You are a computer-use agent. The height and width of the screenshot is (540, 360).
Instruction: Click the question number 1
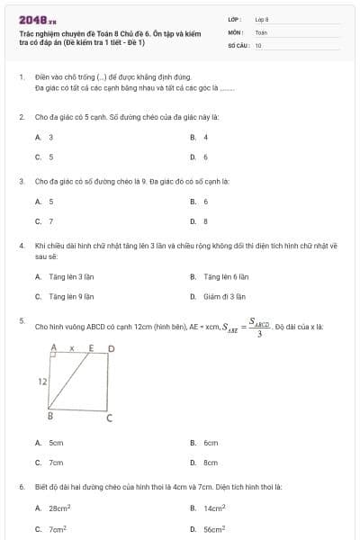click(x=21, y=78)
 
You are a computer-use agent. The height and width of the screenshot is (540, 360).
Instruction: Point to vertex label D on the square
click(x=112, y=347)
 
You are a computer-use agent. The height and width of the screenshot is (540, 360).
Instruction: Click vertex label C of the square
click(x=110, y=418)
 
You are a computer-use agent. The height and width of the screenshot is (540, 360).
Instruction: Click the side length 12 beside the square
click(x=41, y=382)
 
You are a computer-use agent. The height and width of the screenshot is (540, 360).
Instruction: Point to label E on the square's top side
click(x=92, y=347)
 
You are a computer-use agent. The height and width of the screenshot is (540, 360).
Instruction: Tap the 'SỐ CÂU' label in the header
click(x=238, y=43)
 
